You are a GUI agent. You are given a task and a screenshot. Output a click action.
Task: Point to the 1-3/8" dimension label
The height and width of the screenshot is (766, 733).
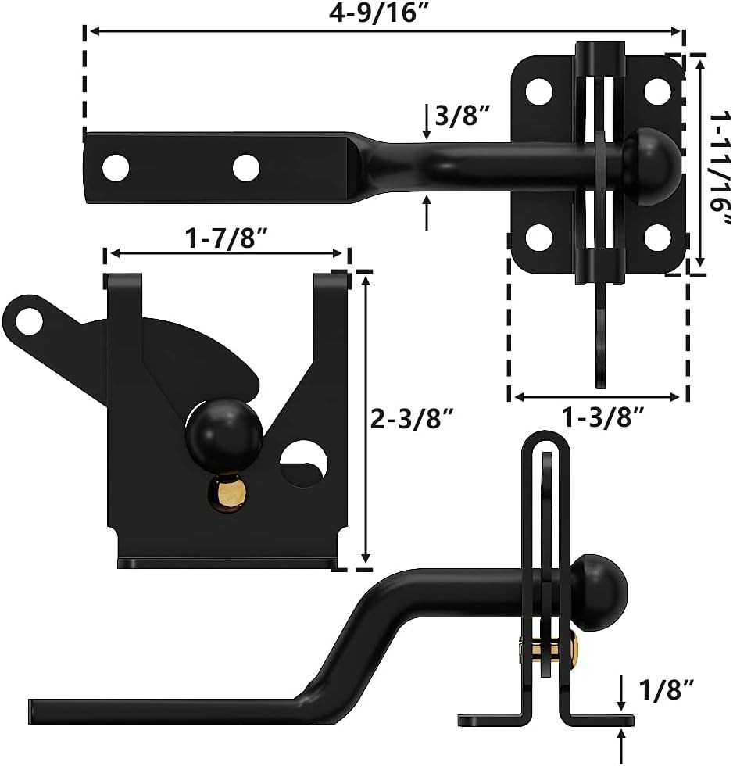click(603, 418)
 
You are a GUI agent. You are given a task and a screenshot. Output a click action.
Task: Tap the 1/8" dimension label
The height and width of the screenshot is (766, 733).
click(666, 689)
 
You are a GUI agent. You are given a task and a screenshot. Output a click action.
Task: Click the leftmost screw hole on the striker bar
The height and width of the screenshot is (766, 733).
click(116, 166)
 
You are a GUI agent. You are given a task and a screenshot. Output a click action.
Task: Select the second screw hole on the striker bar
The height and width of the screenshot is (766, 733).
click(245, 166)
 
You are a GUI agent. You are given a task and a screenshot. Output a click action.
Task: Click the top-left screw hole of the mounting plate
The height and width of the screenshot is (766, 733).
click(538, 91)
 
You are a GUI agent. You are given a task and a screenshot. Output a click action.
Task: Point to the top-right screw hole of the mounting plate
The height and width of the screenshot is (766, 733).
click(659, 91)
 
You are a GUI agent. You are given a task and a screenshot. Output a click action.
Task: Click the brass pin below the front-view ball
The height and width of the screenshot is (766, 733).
click(227, 493)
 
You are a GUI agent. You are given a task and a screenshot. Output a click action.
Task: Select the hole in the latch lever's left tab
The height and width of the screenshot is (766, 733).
click(30, 320)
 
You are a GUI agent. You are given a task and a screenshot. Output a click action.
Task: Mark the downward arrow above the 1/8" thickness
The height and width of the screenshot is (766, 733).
click(621, 691)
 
